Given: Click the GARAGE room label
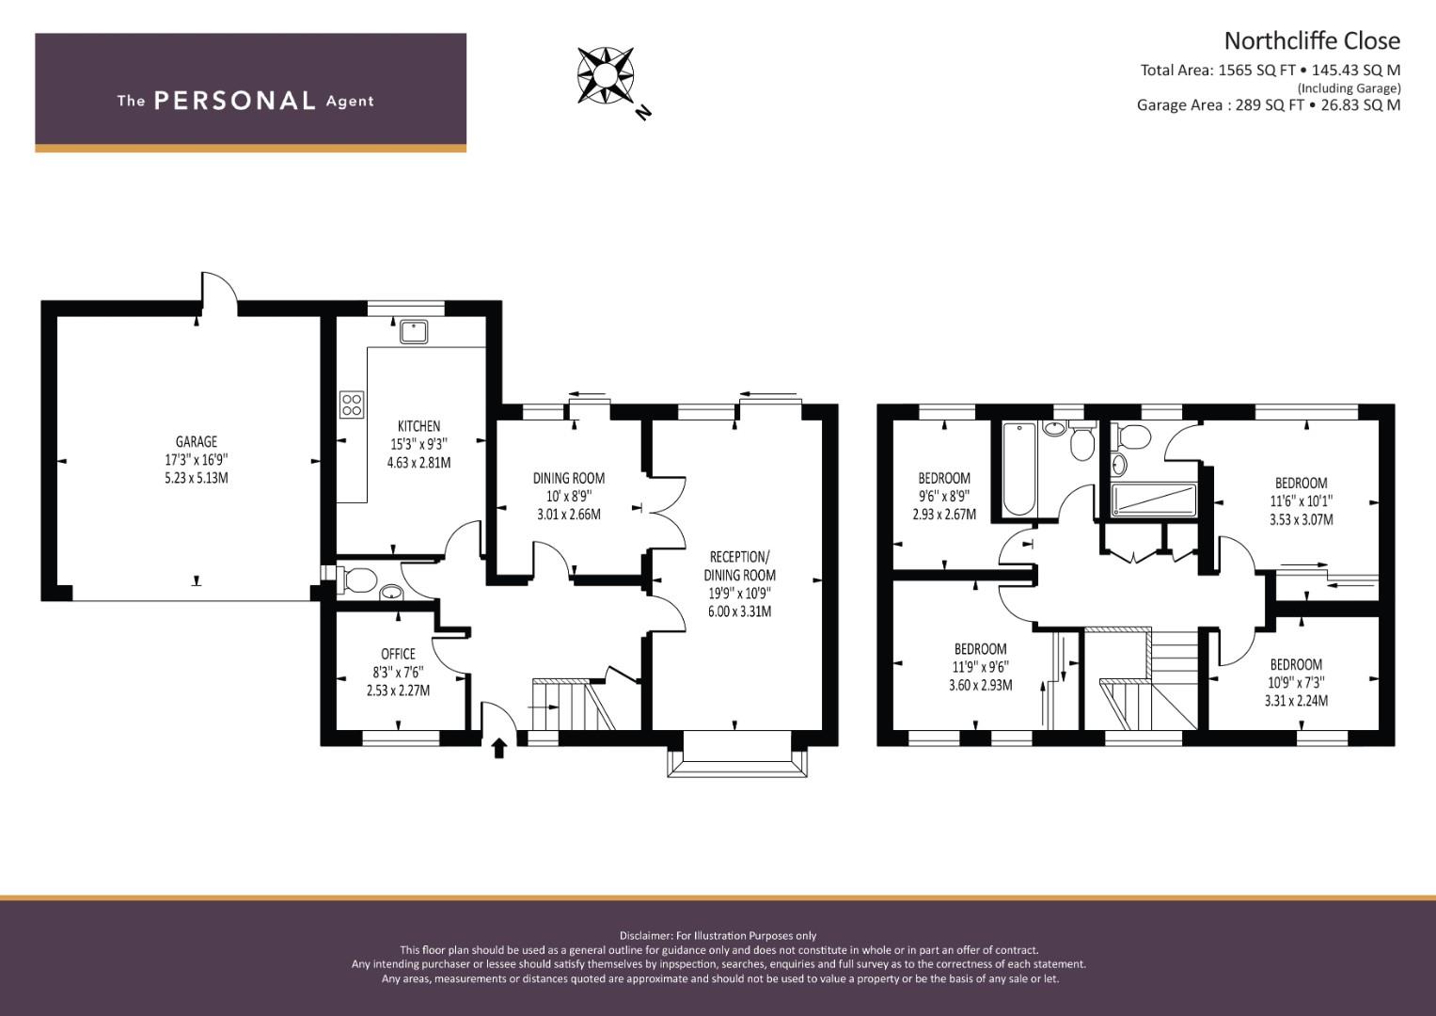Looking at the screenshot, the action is (197, 441).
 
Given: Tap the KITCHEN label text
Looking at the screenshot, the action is (419, 426).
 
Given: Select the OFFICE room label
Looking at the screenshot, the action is (398, 654).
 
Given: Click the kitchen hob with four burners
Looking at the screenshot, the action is (352, 405).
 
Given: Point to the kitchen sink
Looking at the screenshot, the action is (414, 332).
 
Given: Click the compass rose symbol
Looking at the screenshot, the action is (606, 75).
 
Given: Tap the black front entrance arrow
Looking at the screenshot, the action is (498, 748).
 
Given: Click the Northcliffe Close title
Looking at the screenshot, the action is (1312, 41).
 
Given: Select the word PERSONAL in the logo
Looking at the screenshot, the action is (235, 101).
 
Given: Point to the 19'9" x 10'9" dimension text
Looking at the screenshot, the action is (740, 594).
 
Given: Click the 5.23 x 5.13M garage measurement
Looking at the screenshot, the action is (197, 478).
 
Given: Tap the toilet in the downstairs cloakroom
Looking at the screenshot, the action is (355, 579).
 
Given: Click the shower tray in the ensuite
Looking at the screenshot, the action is (1154, 500).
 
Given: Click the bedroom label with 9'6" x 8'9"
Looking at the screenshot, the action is (944, 478).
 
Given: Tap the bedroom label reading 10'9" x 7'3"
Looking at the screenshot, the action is (1296, 664).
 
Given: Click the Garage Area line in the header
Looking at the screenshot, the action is (1269, 105).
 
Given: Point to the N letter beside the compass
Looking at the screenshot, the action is (643, 112).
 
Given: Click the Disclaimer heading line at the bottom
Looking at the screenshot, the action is (718, 936).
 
